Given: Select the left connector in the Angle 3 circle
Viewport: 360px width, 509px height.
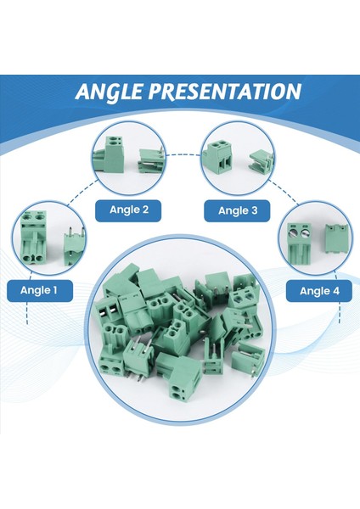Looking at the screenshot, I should pyautogui.click(x=218, y=156).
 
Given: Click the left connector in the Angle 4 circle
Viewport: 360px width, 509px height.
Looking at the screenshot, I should pyautogui.click(x=297, y=243).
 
